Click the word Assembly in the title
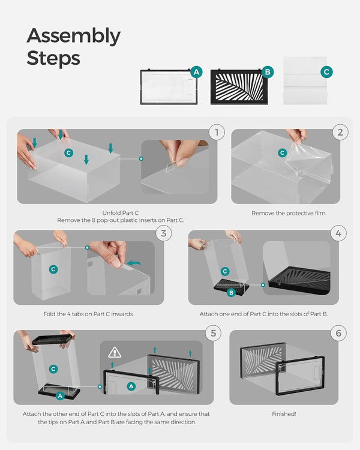click(73, 37)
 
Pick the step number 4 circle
click(340, 233)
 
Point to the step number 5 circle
click(214, 333)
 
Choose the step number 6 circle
click(338, 333)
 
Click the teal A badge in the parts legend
click(196, 72)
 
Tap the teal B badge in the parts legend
click(268, 72)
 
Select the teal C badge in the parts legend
click(326, 72)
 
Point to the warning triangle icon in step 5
click(115, 353)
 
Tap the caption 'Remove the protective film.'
click(289, 213)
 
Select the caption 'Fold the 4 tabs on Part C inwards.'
click(89, 314)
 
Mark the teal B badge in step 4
click(230, 292)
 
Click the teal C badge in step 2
click(282, 153)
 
